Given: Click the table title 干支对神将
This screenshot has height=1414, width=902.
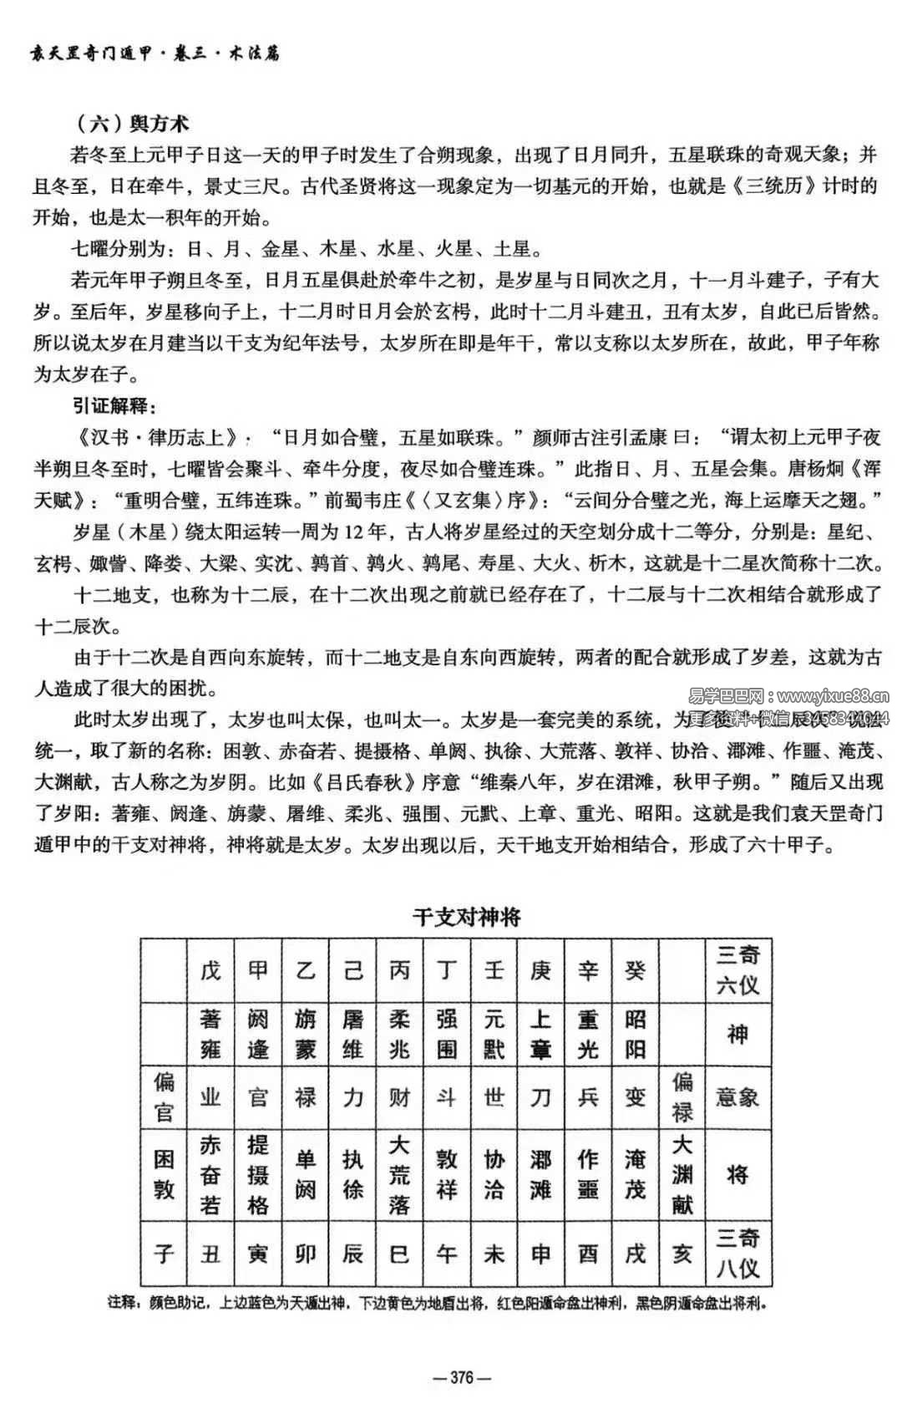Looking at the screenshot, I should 466,917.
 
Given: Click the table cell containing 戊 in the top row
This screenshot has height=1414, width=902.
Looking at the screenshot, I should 210,970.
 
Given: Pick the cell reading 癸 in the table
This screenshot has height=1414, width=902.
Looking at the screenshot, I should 636,970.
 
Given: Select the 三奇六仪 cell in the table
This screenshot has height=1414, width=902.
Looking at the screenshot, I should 737,970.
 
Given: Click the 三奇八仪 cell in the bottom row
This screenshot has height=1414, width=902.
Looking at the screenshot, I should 737,1253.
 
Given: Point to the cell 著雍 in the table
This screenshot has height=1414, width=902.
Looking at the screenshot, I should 210,1034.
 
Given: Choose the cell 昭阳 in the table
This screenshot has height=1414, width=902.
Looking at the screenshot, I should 636,1034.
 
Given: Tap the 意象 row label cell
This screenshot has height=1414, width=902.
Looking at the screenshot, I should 737,1096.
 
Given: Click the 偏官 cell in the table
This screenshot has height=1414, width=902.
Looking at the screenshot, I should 164,1096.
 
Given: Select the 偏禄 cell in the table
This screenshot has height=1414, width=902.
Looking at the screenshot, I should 682,1096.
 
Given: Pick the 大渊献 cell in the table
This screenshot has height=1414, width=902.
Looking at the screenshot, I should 682,1174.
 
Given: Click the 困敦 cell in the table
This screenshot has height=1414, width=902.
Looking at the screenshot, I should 164,1174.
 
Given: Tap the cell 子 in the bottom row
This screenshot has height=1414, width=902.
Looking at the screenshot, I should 164,1253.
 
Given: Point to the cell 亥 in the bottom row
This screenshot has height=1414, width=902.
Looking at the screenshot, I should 682,1253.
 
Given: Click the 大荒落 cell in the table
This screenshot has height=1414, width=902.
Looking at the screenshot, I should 399,1174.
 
